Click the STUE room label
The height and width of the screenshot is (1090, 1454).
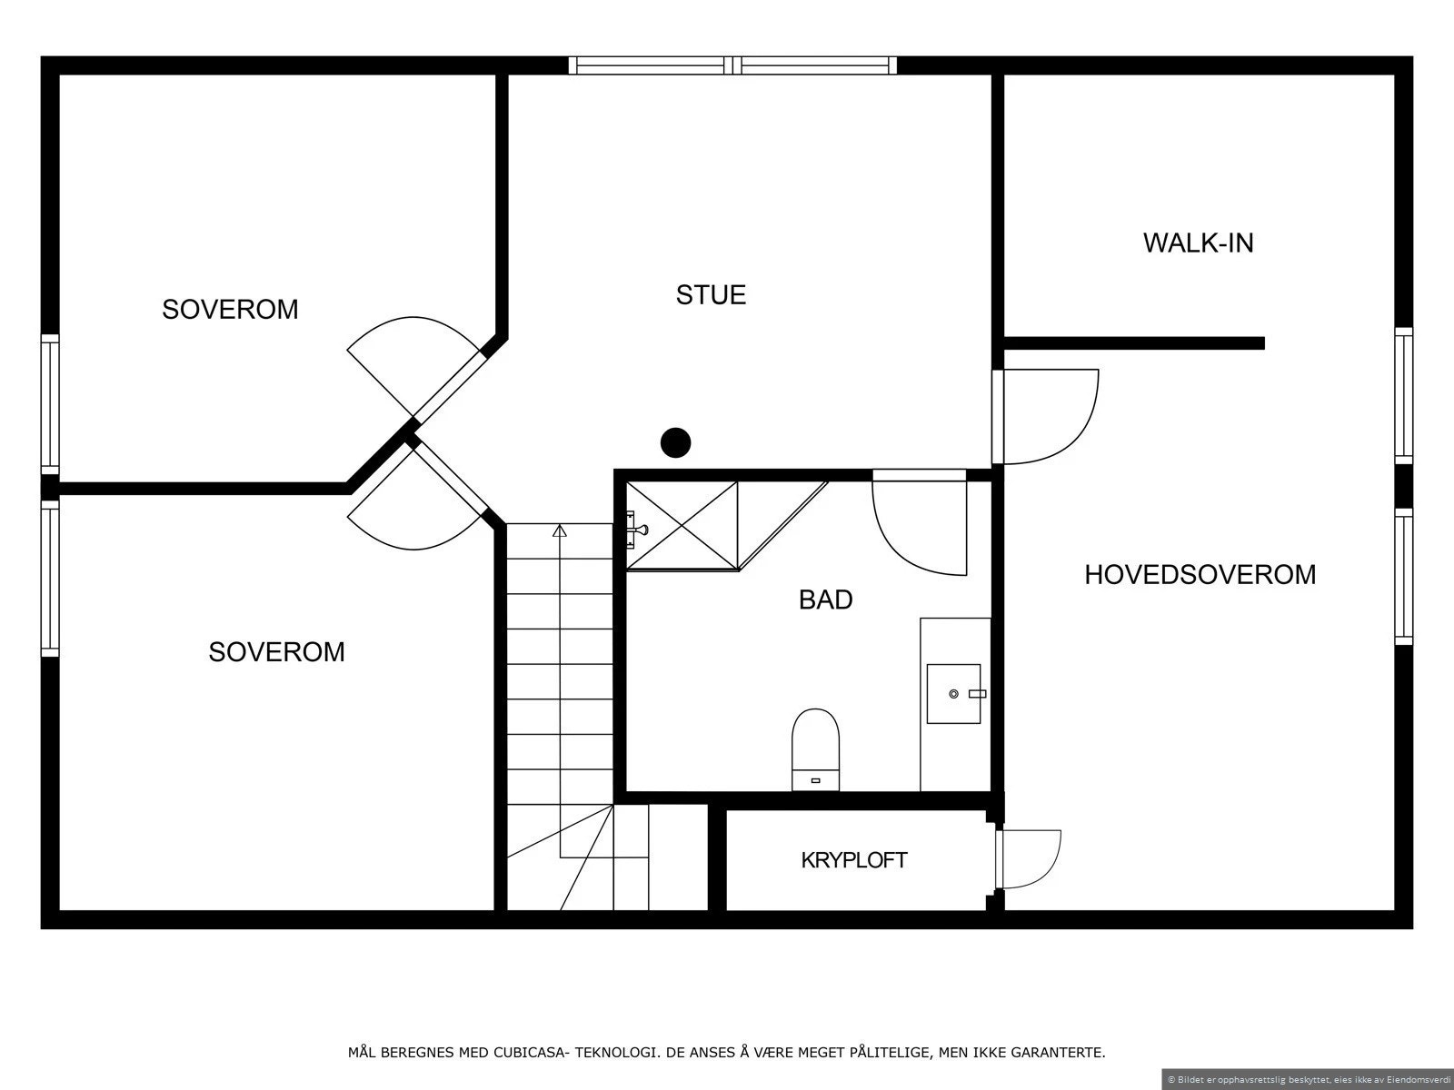711,295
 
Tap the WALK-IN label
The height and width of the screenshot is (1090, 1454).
1199,243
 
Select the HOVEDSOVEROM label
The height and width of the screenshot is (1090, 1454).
1200,574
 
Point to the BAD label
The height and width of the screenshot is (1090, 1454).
825,599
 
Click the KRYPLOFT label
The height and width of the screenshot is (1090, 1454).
854,860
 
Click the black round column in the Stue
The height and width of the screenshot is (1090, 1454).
676,442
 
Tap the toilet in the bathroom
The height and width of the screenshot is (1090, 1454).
815,750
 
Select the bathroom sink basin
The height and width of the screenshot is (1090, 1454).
953,694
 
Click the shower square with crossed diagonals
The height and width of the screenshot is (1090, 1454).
682,526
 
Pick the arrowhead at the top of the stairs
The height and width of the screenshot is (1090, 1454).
560,530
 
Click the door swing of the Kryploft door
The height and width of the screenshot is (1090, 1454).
1032,859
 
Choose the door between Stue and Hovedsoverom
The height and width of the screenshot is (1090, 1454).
1045,417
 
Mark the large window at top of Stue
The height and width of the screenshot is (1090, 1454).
732,65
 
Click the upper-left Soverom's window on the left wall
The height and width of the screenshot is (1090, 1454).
50,404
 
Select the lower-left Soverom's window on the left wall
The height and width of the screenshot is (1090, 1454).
50,579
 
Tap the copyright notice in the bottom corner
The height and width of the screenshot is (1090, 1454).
1308,1079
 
